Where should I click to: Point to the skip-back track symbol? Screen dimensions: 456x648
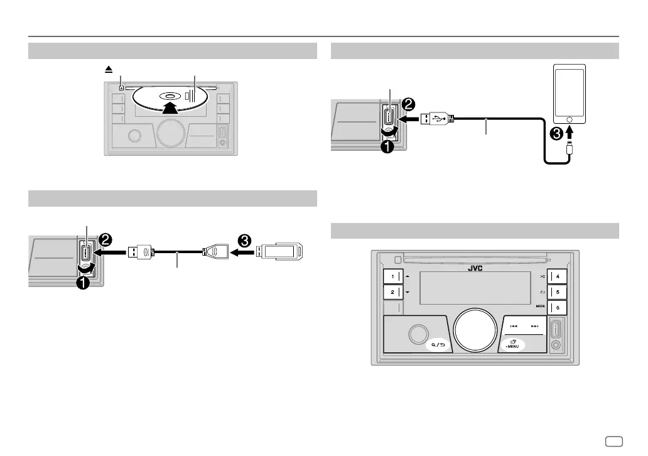click(x=514, y=326)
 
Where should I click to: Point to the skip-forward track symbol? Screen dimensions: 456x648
click(x=535, y=326)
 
